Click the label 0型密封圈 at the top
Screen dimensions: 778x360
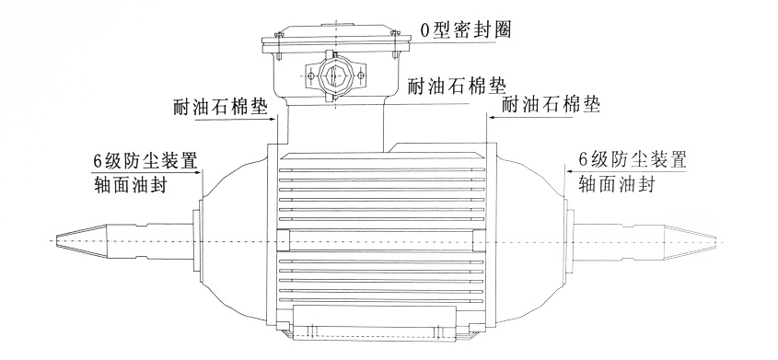coord(465,30)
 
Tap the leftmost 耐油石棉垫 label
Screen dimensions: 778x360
coord(221,107)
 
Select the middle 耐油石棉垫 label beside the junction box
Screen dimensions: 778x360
coord(457,87)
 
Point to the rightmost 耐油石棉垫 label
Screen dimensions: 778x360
coord(551,105)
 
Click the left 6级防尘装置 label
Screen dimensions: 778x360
coord(145,161)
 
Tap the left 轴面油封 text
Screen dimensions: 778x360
coord(130,184)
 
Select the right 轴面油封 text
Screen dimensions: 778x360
coord(617,184)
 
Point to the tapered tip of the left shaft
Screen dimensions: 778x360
coord(79,241)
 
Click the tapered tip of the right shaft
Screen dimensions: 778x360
coord(691,241)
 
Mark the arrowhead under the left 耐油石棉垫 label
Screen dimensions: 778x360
coord(273,120)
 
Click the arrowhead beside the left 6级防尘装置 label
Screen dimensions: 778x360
coord(200,172)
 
